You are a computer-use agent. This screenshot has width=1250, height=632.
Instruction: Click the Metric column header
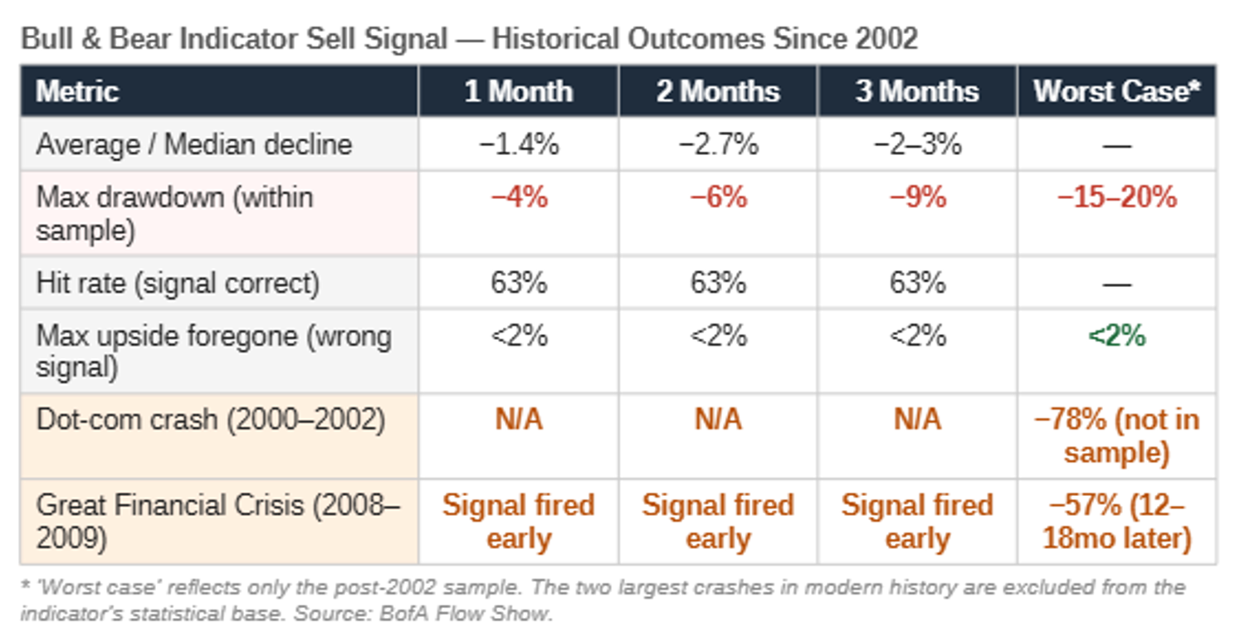77,91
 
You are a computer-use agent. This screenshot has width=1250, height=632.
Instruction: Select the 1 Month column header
519,91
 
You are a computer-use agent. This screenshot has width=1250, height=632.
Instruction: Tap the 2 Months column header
718,91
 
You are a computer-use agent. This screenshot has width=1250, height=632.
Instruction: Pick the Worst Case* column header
1116,91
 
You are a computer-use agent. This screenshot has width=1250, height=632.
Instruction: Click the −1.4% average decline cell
519,144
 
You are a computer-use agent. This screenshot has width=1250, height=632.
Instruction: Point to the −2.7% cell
718,144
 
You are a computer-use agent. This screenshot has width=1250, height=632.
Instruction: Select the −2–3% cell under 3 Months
917,144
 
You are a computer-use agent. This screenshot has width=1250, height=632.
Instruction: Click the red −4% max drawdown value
519,197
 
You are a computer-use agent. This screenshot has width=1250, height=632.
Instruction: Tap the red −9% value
918,197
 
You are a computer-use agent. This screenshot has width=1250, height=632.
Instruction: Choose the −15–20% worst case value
1116,197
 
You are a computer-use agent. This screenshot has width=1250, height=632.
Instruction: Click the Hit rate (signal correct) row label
178,283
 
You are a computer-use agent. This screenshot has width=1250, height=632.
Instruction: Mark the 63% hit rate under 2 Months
718,282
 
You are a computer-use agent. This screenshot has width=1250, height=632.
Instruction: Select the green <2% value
1116,336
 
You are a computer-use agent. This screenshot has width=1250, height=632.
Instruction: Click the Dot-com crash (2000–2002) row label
210,420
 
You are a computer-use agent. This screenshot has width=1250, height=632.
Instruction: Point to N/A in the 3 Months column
917,420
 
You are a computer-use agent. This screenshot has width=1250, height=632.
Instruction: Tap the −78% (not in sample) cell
1116,436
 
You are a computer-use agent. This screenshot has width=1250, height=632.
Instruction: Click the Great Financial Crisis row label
217,522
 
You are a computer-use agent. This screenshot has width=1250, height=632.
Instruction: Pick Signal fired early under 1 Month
519,522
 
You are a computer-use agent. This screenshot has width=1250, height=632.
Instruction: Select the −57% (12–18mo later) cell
1116,522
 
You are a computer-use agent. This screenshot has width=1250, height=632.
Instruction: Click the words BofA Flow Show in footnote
466,614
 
